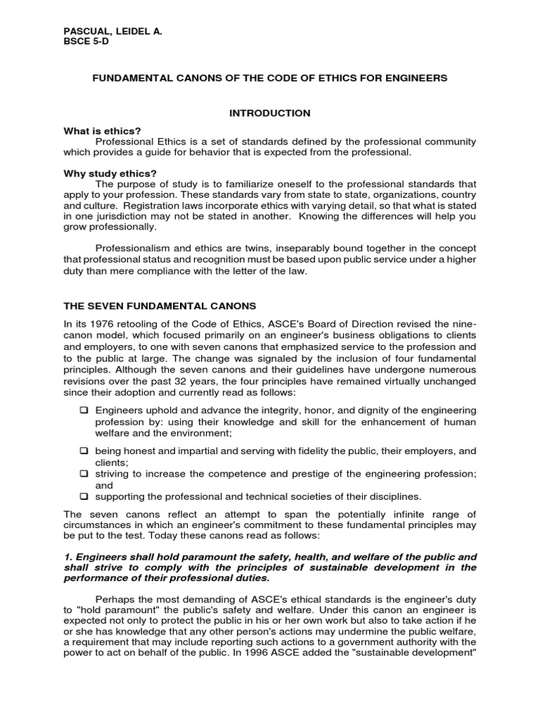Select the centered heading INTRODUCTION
pyautogui.click(x=270, y=113)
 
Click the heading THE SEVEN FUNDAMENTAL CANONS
pyautogui.click(x=160, y=306)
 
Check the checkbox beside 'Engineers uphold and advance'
pyautogui.click(x=84, y=410)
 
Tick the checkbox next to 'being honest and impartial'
pyautogui.click(x=84, y=450)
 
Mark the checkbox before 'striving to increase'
pyautogui.click(x=84, y=472)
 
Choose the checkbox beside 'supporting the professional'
pyautogui.click(x=84, y=496)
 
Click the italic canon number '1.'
pyautogui.click(x=67, y=556)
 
